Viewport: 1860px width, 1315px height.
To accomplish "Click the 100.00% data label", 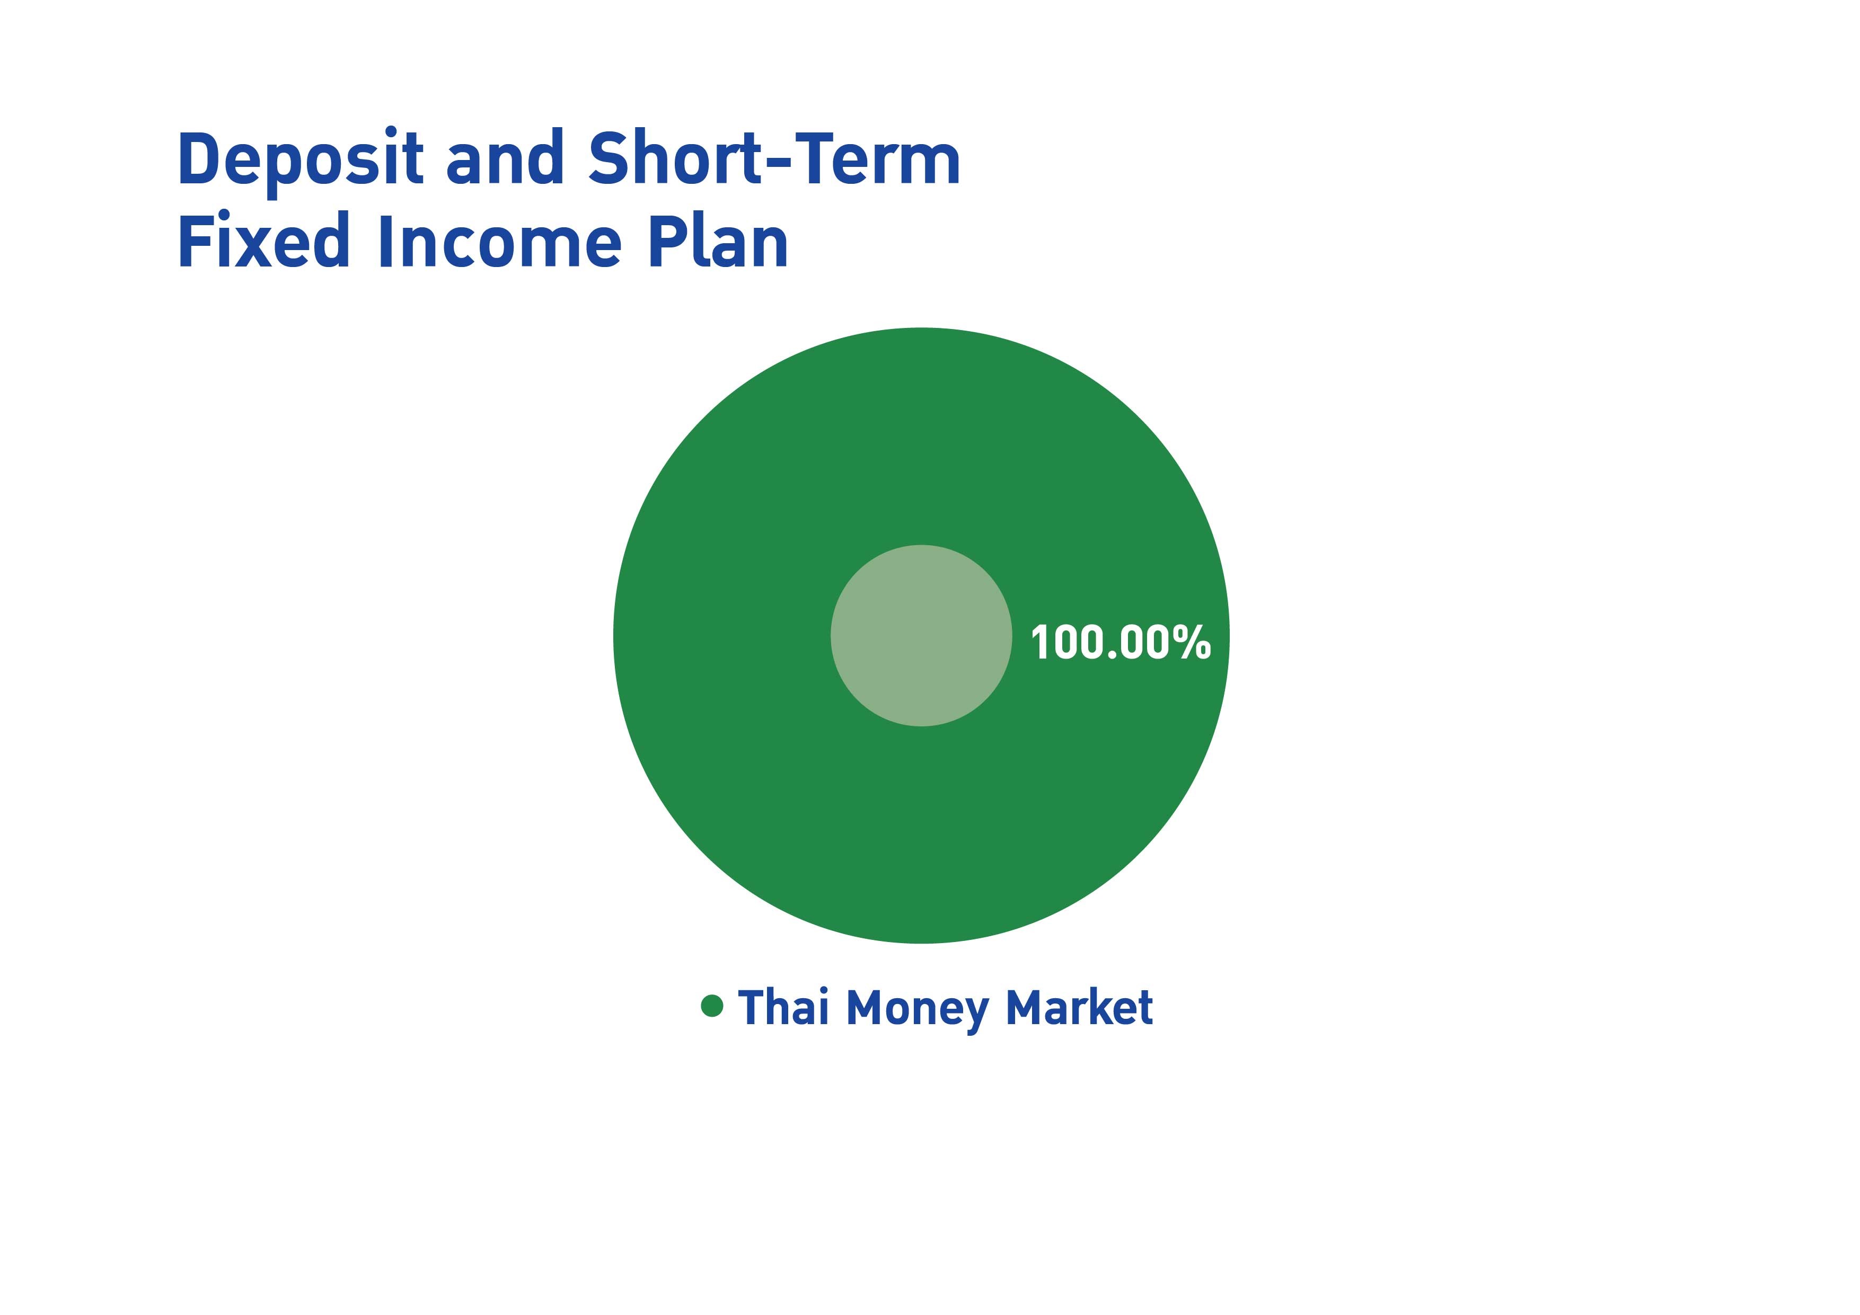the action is (x=1121, y=643).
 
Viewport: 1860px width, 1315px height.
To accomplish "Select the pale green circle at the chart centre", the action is (x=921, y=636).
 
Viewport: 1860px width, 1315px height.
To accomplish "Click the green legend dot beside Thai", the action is (x=712, y=1006).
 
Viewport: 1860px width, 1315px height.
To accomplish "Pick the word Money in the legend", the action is (x=917, y=1010).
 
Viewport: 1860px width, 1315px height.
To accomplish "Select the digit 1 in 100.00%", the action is (x=1041, y=643).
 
